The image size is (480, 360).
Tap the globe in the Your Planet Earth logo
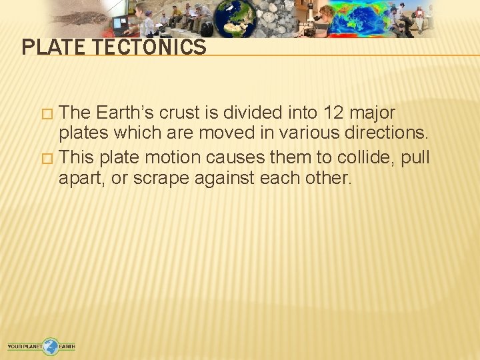coord(51,345)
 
